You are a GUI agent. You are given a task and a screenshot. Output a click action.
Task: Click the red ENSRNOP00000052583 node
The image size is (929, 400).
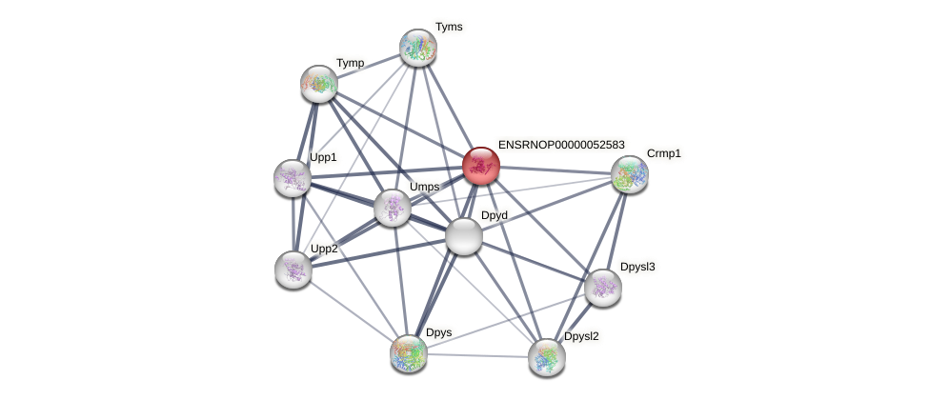coord(481,165)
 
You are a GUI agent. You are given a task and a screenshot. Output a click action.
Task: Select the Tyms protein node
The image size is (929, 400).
coord(417,47)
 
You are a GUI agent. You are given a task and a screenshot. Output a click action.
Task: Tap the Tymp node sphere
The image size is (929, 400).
coord(319,84)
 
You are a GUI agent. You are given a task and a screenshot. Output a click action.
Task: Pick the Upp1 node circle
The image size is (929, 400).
coord(293,177)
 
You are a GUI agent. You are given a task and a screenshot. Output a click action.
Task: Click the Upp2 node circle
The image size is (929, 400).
coord(293,269)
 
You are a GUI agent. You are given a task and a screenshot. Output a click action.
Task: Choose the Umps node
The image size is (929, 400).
coord(392,207)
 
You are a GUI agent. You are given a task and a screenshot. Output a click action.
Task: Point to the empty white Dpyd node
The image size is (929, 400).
coord(464,236)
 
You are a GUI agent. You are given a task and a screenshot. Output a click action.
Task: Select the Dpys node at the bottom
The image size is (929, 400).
coord(409,352)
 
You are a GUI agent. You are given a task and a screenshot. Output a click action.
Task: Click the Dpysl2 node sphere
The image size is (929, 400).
coord(547,356)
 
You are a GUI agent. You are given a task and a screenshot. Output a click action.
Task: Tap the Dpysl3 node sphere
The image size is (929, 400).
coord(602,287)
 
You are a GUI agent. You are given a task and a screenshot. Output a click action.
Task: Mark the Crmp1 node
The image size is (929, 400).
coord(629,173)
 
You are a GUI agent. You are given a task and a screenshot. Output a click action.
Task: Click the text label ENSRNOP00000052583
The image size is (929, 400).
coord(561,145)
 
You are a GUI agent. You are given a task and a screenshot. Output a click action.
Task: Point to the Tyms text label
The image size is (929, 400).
coord(449,27)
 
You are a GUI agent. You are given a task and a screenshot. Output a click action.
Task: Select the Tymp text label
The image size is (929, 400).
coord(350,63)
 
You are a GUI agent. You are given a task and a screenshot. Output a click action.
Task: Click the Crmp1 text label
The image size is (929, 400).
coord(663,153)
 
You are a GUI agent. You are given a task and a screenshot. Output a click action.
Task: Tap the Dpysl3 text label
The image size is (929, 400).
coord(637,266)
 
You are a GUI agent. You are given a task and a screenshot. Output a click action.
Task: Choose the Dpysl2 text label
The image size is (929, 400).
coord(581,336)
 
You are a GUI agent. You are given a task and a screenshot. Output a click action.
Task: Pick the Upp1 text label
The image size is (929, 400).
coord(323,157)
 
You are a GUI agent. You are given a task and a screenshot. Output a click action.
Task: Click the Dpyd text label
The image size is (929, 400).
coord(494,215)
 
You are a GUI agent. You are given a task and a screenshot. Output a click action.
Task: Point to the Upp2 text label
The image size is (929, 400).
coord(324,249)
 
